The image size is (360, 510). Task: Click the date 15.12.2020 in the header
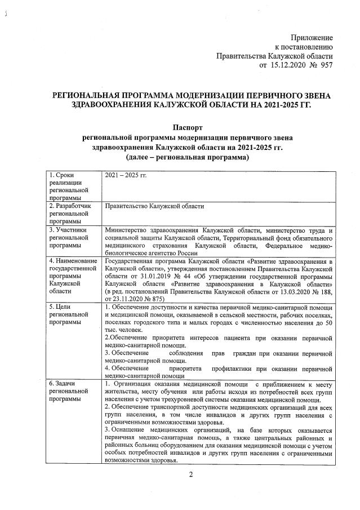point(290,65)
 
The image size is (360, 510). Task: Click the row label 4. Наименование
point(73,261)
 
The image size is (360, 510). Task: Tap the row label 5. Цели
point(61,305)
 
